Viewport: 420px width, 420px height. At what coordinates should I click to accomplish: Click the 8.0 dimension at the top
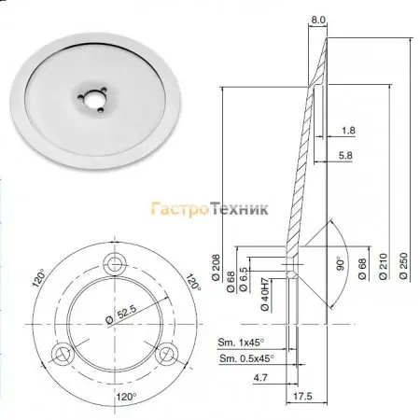(318, 20)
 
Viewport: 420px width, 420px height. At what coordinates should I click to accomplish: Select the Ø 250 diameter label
(403, 266)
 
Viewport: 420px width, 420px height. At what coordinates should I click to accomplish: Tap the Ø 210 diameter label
(384, 266)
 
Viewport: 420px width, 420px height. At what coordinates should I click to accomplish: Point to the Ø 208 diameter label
(216, 268)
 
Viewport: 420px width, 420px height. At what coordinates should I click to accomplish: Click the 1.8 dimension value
(348, 131)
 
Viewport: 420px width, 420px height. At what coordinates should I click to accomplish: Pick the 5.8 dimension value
(345, 155)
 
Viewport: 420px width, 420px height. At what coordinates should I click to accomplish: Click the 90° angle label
(341, 263)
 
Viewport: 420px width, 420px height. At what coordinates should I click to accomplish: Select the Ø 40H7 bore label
(264, 294)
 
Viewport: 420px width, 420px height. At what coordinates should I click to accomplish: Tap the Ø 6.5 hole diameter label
(244, 279)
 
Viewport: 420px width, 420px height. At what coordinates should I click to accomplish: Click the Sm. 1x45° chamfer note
(241, 343)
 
